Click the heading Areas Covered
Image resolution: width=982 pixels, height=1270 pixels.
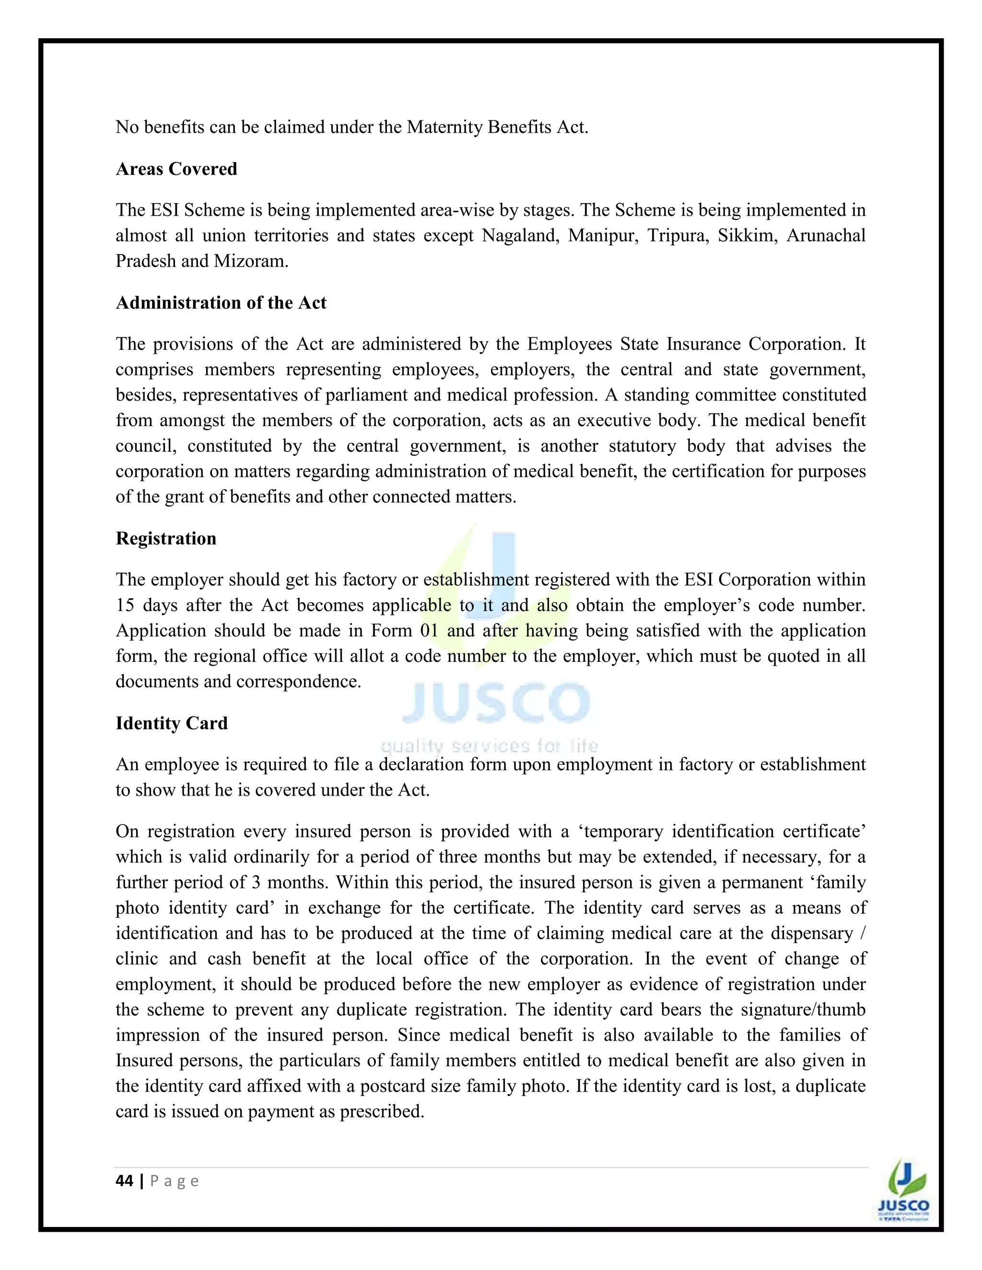pos(176,169)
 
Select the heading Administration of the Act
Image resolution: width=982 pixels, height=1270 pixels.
pos(221,302)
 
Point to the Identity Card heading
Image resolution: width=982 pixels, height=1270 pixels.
pos(172,723)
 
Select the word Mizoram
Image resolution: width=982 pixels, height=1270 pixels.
pos(251,261)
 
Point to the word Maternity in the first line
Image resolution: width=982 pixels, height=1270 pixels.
pos(444,127)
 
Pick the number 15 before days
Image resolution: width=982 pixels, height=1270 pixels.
pos(125,605)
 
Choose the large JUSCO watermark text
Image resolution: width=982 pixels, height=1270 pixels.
pos(496,703)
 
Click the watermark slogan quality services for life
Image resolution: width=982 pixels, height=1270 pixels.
pos(489,746)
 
